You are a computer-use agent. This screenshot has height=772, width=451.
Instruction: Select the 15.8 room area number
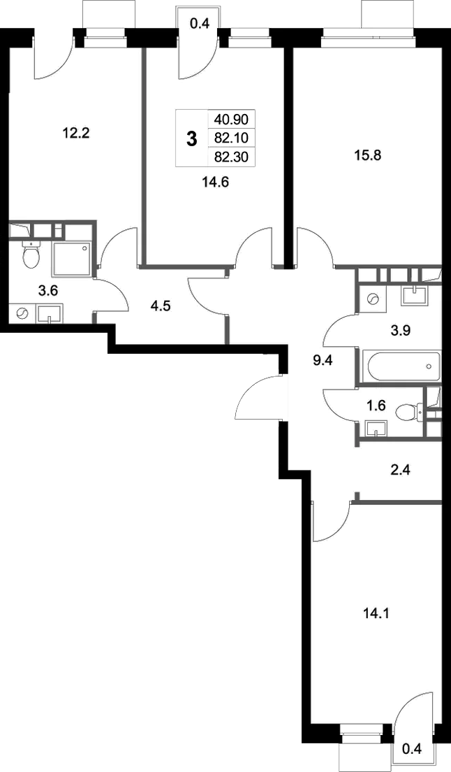click(x=368, y=155)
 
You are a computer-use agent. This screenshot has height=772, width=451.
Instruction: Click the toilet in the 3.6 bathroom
click(x=31, y=254)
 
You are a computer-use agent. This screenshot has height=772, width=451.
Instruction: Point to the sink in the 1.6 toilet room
click(x=376, y=429)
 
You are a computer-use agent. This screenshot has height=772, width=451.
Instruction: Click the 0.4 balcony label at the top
click(x=200, y=23)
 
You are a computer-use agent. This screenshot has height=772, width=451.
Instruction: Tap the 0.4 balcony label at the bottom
click(x=412, y=750)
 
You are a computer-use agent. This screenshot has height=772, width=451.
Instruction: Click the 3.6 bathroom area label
click(x=47, y=290)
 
